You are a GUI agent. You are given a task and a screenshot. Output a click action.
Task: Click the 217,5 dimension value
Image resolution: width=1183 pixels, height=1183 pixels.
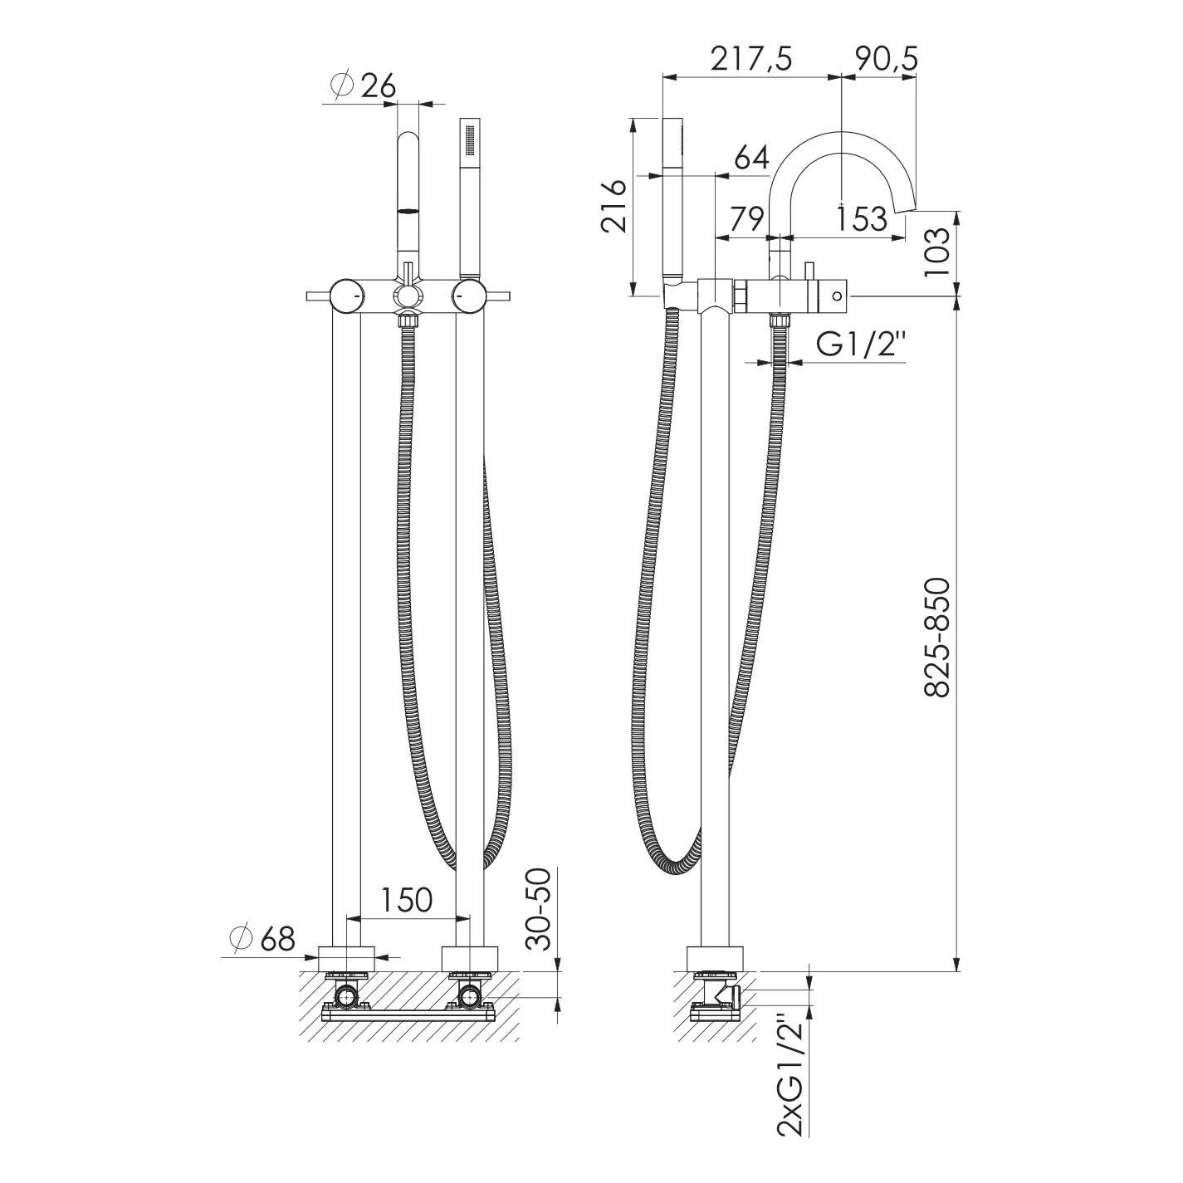[x=751, y=60]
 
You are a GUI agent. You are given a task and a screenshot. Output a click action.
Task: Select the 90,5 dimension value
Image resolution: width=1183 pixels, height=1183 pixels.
[x=886, y=60]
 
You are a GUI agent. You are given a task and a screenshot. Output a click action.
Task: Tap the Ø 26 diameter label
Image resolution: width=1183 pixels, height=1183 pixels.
[x=363, y=86]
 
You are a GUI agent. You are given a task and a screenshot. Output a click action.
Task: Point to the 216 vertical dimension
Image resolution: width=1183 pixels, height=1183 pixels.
[x=613, y=206]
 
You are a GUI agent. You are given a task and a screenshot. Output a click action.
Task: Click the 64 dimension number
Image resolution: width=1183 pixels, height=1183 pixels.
[x=751, y=159]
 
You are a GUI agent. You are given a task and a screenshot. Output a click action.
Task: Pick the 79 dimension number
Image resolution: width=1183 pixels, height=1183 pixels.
[x=746, y=218]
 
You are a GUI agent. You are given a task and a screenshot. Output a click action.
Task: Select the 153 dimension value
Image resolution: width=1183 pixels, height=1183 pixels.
[x=863, y=218]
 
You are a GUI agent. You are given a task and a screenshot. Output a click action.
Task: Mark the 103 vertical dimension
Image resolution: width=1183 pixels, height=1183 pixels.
[x=937, y=252]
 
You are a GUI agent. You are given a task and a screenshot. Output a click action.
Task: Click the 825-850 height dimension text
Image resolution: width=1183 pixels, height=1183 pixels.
[x=937, y=638]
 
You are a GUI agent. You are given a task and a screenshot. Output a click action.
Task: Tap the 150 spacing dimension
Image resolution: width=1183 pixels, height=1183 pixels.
[x=407, y=900]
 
